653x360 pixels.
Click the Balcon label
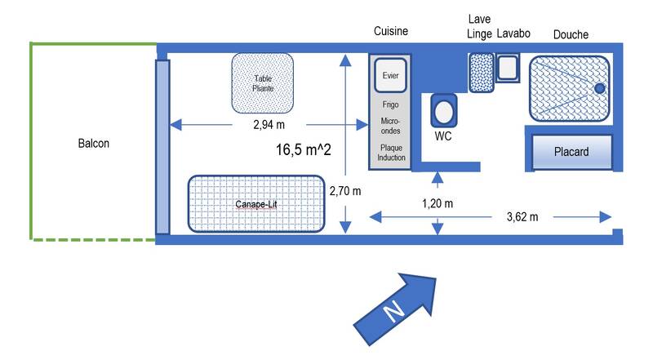pyautogui.click(x=94, y=143)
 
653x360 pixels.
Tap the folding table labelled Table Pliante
pyautogui.click(x=263, y=82)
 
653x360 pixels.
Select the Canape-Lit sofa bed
pyautogui.click(x=257, y=204)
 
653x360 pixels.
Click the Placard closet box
pyautogui.click(x=571, y=152)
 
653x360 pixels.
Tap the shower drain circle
pyautogui.click(x=599, y=87)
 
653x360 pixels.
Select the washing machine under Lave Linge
pyautogui.click(x=481, y=72)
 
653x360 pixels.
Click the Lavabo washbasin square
pyautogui.click(x=508, y=68)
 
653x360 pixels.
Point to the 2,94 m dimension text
pyautogui.click(x=269, y=125)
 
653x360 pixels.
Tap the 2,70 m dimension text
pyautogui.click(x=345, y=191)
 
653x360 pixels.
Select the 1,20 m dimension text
pyautogui.click(x=439, y=202)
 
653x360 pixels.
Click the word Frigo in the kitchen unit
pyautogui.click(x=390, y=105)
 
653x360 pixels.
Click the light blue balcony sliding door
pyautogui.click(x=162, y=146)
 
